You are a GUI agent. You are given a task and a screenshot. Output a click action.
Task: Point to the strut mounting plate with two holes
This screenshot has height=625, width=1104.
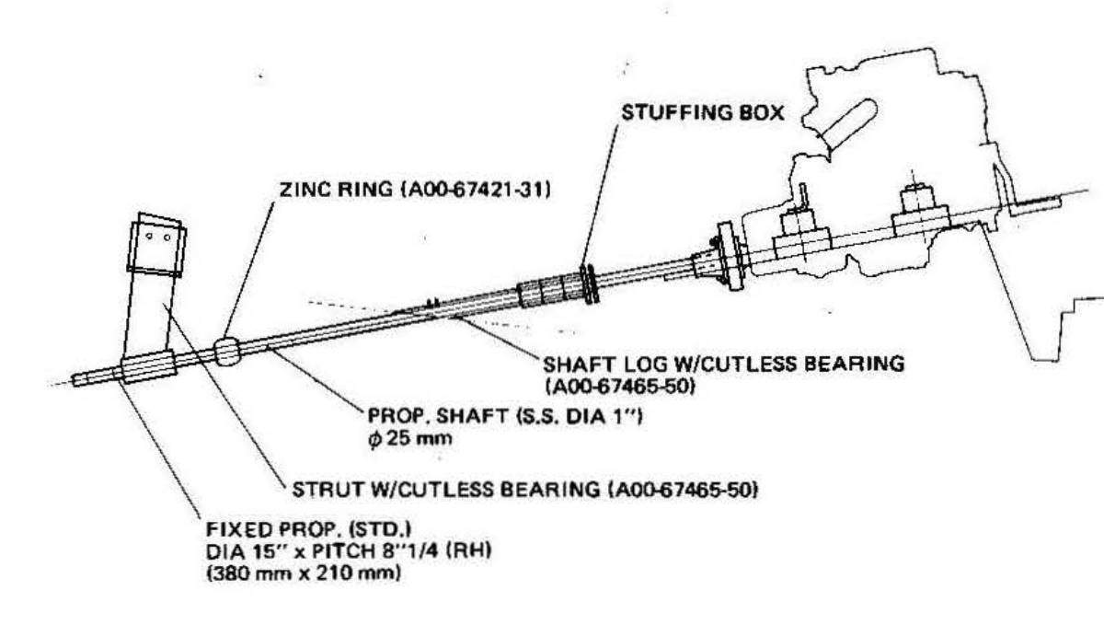[157, 241]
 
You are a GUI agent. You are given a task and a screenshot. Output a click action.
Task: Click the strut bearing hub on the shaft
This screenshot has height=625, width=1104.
[147, 366]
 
